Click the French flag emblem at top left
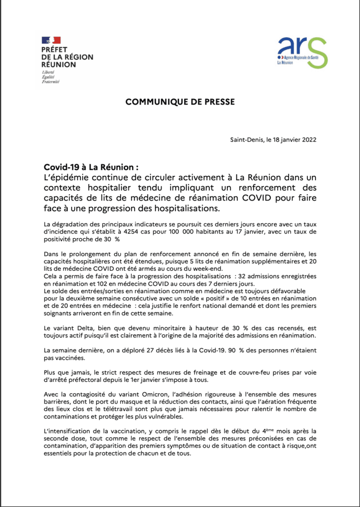[x=51, y=40]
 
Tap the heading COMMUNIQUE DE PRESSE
[x=180, y=102]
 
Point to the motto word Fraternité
[x=51, y=82]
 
